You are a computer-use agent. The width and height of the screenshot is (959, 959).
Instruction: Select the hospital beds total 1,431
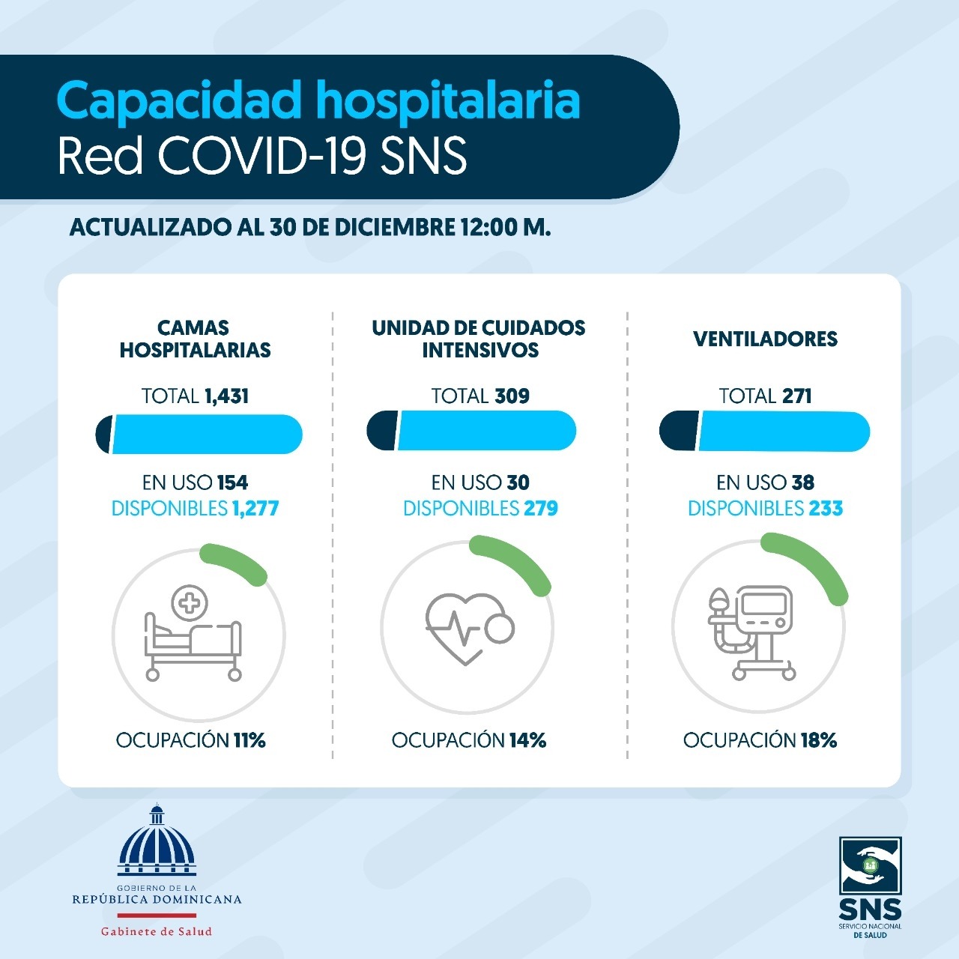[x=226, y=396]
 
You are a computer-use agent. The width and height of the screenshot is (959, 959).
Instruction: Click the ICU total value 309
[x=512, y=396]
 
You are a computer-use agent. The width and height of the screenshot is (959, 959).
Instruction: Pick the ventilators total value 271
[x=796, y=396]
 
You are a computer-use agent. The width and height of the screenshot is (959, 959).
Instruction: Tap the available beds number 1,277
[x=255, y=509]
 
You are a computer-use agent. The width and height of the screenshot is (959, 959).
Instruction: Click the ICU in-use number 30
[x=518, y=482]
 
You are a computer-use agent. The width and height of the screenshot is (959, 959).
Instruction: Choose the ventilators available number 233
[x=826, y=508]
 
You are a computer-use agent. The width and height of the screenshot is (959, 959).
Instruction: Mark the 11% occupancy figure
[x=249, y=740]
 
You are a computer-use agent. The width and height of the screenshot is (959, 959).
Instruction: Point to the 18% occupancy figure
[x=819, y=740]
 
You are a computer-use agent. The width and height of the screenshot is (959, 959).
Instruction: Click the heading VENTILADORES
[x=766, y=339]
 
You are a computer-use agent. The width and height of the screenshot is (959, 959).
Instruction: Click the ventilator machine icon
[x=751, y=632]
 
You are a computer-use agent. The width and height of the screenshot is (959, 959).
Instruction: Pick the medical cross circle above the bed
[x=189, y=603]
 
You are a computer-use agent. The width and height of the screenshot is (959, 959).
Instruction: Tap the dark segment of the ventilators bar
[x=679, y=431]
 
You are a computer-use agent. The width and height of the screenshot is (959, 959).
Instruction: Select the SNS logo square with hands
[x=870, y=865]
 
